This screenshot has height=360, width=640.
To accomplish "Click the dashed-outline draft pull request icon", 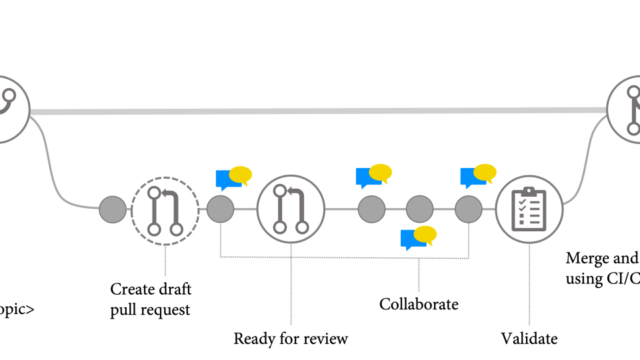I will point(165,210).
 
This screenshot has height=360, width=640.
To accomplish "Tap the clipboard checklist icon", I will point(529,209).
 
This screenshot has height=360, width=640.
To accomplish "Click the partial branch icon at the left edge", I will point(9,108).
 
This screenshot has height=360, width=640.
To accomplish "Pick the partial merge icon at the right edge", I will point(627,108).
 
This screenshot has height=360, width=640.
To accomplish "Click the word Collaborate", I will point(419,305).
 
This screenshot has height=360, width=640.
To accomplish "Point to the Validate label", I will point(529,339).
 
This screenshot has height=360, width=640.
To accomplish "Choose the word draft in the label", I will point(174,289).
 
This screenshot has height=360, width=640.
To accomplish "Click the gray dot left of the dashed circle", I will point(112,210).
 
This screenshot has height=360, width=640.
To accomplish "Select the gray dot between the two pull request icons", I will point(220,209).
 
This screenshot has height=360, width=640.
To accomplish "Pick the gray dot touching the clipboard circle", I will point(469,209).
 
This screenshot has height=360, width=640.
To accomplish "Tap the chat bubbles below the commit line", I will point(418,237).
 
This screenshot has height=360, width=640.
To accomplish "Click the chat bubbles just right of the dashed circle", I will point(233,178).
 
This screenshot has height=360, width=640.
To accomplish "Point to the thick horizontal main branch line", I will point(320,111).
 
